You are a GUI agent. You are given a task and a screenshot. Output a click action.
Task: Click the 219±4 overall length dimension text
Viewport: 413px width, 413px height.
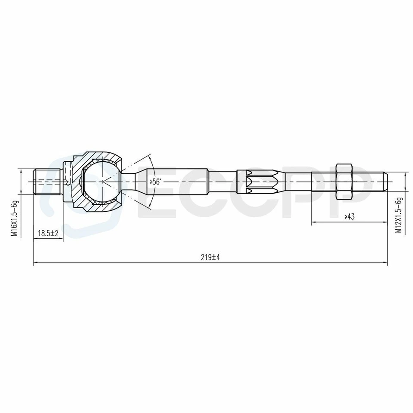(210, 257)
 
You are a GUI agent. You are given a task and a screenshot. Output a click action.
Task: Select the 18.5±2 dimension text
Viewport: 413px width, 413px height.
(48, 233)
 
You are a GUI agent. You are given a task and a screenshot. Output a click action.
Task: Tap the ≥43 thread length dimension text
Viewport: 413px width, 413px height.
(349, 217)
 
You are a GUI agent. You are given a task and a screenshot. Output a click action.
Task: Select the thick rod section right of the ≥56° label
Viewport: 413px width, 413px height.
(185, 182)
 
